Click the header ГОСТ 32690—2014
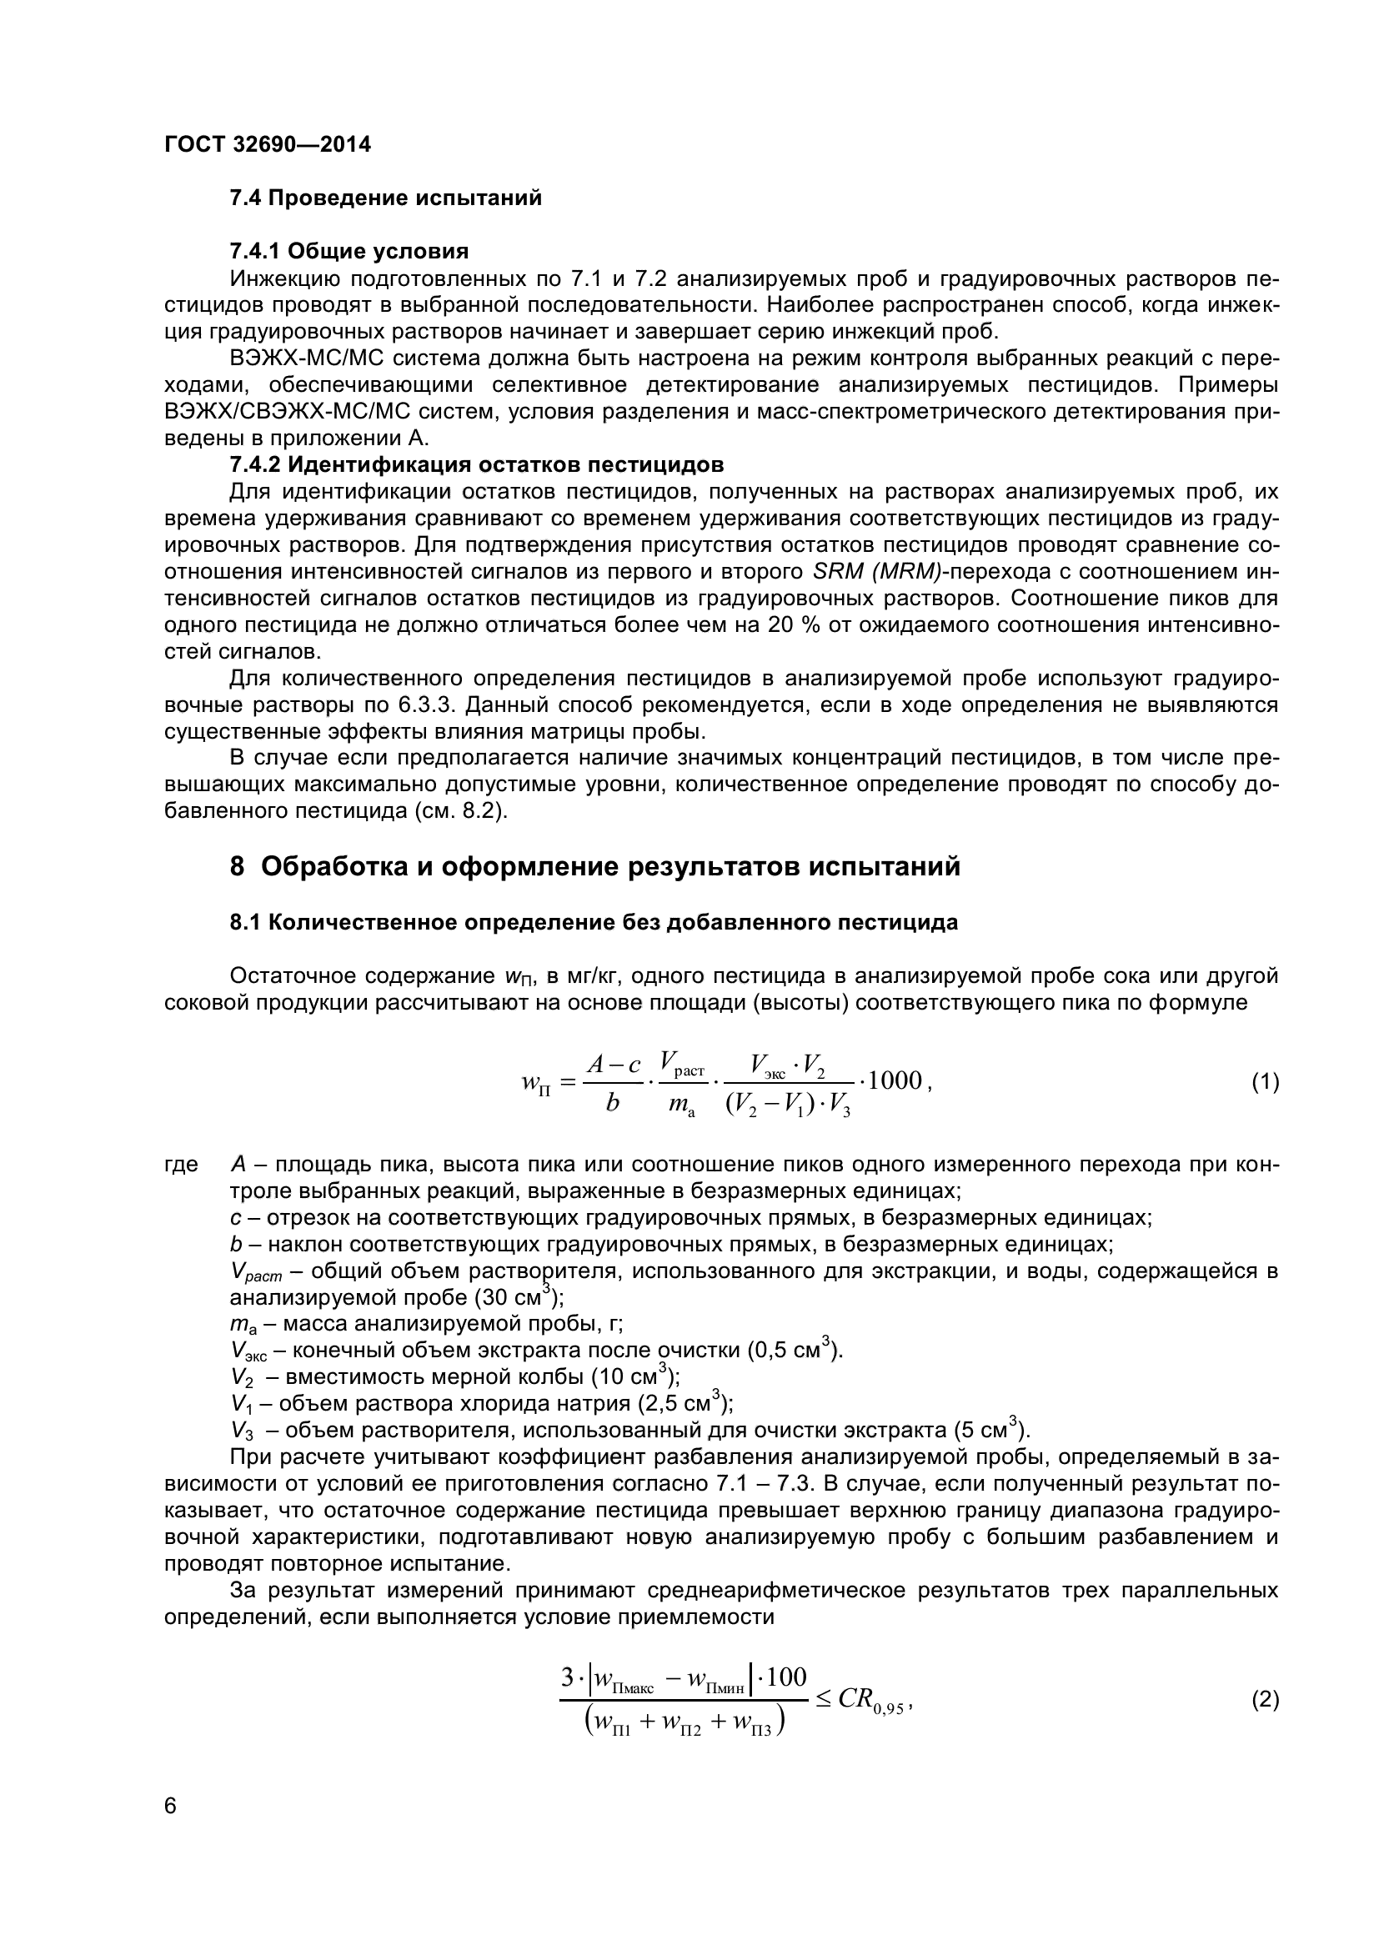point(268,145)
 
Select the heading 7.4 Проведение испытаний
point(385,198)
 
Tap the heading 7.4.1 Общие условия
point(349,252)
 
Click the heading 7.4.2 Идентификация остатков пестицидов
point(476,464)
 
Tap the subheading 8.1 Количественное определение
point(594,922)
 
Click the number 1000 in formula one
point(895,1080)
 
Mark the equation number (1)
point(1265,1083)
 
